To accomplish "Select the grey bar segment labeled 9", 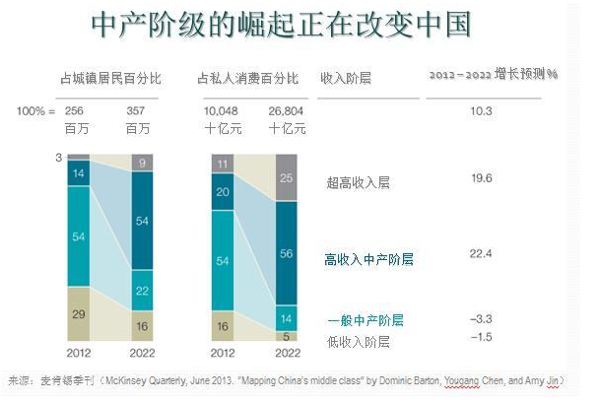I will pos(144,164).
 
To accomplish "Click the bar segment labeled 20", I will pos(223,193).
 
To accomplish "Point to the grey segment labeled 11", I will pos(223,165).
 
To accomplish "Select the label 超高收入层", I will pos(358,182).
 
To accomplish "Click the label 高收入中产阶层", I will pos(368,259).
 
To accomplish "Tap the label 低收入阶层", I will pos(358,342).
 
